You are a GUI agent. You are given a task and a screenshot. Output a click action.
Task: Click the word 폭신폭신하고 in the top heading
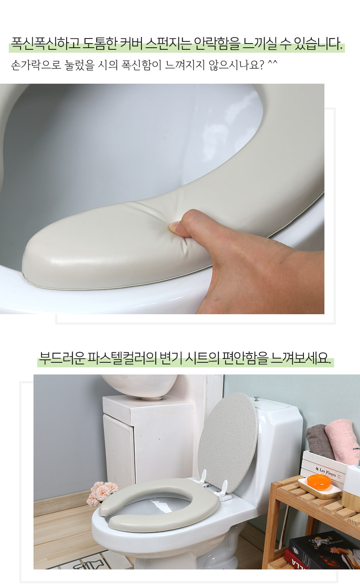pos(45,44)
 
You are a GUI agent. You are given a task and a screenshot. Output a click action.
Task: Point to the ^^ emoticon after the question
pos(273,63)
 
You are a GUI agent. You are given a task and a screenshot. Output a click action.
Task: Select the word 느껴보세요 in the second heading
pos(300,358)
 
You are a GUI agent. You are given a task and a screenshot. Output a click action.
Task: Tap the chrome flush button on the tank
pos(257,399)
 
